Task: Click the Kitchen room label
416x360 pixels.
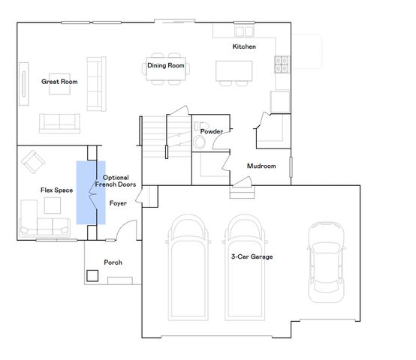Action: coord(244,46)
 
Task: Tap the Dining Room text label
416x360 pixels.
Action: coord(165,65)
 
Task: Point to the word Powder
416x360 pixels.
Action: coord(212,131)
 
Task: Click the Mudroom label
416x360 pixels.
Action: coord(261,166)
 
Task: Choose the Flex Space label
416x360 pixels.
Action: coord(56,190)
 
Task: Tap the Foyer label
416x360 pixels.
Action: coord(118,202)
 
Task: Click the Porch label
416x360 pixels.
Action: coord(113,262)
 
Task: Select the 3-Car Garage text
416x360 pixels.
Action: coord(252,256)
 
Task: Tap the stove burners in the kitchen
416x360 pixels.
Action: coord(282,65)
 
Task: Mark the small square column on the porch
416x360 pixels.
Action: coord(92,275)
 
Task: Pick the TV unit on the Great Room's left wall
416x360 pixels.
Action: coord(23,82)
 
